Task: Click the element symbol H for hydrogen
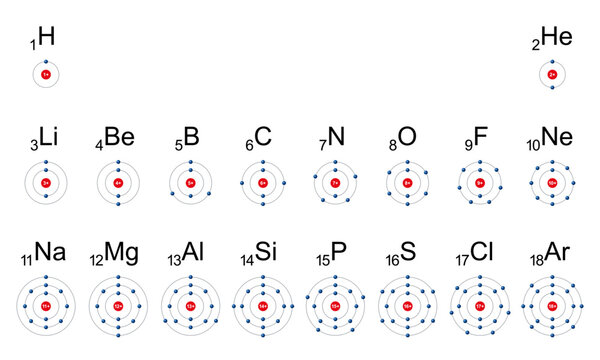point(46,38)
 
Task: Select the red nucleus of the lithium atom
point(46,183)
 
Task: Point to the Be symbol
point(119,138)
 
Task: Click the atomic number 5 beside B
point(178,146)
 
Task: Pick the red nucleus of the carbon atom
point(264,183)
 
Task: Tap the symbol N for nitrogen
point(336,138)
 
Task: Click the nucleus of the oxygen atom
point(408,183)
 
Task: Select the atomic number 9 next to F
point(467,146)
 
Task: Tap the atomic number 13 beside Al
point(173,261)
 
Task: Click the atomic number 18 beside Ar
point(537,261)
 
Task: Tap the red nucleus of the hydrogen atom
point(46,74)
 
